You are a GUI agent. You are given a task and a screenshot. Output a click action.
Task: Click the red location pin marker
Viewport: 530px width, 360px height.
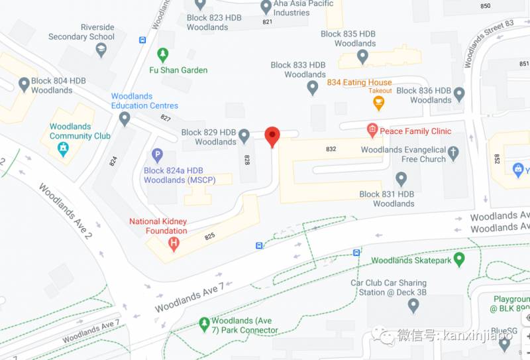click(272, 136)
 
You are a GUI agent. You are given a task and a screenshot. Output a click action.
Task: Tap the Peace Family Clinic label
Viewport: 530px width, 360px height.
click(415, 131)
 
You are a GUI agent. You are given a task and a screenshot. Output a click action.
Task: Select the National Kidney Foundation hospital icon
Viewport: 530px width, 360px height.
click(174, 243)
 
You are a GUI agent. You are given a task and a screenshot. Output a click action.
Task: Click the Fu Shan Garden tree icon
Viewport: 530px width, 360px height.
click(162, 54)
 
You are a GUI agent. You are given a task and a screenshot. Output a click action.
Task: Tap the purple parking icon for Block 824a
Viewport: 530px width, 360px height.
click(157, 156)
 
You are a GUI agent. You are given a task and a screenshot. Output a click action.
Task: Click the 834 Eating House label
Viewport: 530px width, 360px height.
click(359, 83)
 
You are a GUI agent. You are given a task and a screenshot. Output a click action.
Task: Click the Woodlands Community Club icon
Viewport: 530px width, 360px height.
click(63, 149)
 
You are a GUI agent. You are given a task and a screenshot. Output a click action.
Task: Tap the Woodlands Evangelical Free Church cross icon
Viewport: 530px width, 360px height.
click(453, 154)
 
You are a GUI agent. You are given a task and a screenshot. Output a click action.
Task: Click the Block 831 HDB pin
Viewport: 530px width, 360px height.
click(401, 178)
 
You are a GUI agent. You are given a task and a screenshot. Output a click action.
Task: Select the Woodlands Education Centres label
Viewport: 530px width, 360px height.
click(144, 101)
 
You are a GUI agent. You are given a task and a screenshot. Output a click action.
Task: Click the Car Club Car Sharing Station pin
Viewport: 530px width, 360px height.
click(413, 306)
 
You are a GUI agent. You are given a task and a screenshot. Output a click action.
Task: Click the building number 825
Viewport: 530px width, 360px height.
click(210, 236)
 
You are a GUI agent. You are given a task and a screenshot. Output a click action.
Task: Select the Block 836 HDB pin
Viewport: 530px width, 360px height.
click(459, 95)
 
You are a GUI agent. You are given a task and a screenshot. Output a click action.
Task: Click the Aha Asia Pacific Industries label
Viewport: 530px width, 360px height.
click(301, 8)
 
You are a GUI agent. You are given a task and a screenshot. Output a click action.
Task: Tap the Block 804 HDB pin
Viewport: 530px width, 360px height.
click(25, 85)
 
